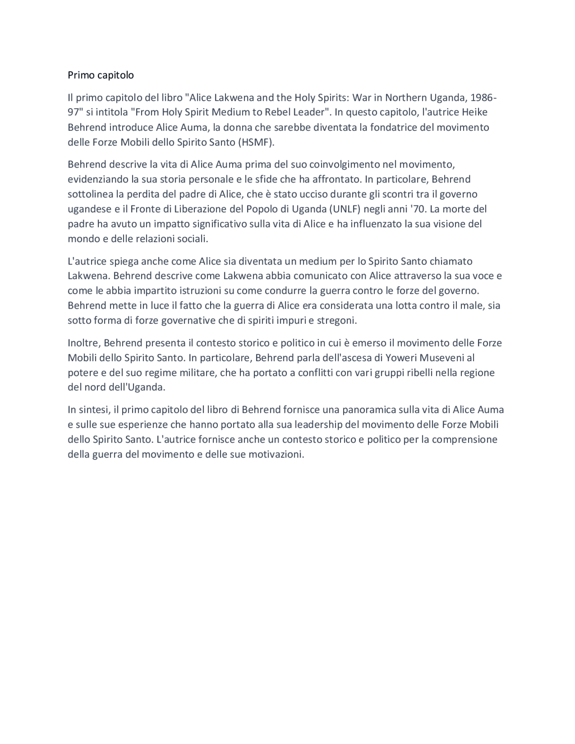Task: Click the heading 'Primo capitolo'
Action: (101, 75)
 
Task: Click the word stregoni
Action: (335, 320)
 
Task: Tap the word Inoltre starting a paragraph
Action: (84, 343)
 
